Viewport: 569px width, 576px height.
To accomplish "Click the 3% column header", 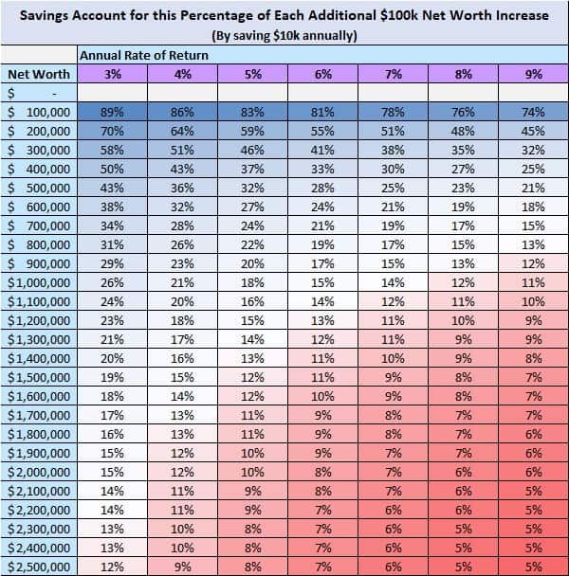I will [x=113, y=74].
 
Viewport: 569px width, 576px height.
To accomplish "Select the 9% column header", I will [x=533, y=74].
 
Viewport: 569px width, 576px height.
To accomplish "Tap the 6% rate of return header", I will [x=323, y=74].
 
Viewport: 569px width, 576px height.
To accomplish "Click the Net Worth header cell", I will [x=38, y=74].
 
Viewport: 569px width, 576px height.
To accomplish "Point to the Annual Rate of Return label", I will [x=144, y=56].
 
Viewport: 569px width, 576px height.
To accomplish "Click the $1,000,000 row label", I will [x=38, y=281].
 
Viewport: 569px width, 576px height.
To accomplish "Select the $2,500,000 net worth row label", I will [x=38, y=566].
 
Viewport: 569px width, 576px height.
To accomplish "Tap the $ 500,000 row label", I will [x=38, y=187].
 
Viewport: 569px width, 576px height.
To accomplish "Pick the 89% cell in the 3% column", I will [x=113, y=111].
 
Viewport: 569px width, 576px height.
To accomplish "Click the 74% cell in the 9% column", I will [x=533, y=111].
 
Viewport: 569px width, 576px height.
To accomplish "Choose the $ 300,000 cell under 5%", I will [x=252, y=149].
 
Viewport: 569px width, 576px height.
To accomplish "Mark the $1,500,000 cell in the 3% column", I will [x=113, y=376].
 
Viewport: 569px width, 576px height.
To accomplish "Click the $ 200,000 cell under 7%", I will [x=393, y=130].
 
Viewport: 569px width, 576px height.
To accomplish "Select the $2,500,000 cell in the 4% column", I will [x=182, y=566].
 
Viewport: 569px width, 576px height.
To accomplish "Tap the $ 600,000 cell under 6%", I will [x=323, y=206].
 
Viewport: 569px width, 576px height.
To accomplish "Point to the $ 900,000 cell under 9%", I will [x=533, y=262].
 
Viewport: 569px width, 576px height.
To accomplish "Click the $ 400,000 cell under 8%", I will [x=463, y=168].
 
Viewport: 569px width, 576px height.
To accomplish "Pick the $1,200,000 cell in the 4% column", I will [x=182, y=319].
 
